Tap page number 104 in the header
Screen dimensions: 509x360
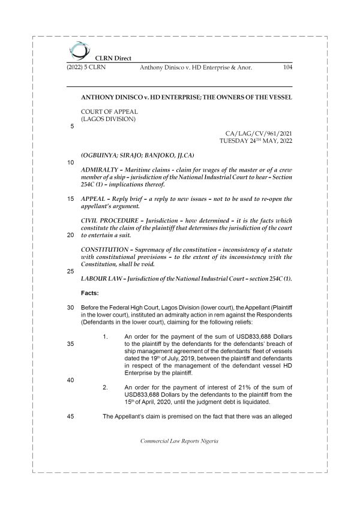tap(286, 68)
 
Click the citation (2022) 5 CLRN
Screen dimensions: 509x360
tap(85, 68)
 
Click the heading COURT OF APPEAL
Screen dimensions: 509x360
tap(109, 111)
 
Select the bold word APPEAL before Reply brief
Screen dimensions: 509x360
tap(94, 198)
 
